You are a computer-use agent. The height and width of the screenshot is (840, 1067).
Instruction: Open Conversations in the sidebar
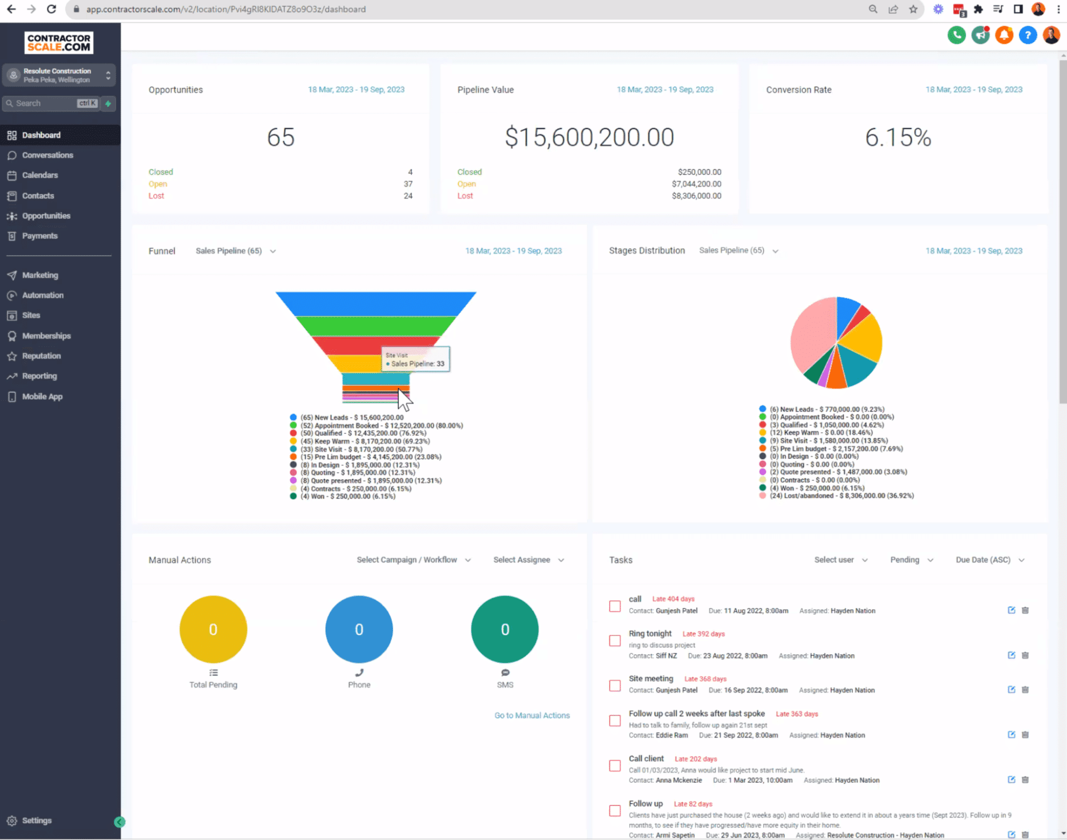pos(48,155)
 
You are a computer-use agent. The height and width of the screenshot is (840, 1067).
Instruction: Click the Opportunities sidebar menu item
pos(46,216)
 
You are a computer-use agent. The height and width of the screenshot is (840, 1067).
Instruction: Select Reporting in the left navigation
pos(39,376)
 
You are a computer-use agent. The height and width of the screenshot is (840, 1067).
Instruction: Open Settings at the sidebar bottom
pos(36,820)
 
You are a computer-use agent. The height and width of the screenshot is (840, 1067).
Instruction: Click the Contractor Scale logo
pos(59,43)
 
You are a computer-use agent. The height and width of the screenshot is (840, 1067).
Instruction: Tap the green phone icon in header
pos(957,35)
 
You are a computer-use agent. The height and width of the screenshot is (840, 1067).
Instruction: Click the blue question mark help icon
pos(1028,35)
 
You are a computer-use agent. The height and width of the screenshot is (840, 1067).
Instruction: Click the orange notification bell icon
pos(1004,35)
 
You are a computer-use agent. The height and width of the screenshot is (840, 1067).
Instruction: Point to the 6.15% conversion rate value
pos(898,138)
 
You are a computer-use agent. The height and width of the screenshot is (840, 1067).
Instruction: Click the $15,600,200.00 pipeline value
pos(589,138)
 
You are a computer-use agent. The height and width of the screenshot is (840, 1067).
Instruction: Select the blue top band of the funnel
pos(375,303)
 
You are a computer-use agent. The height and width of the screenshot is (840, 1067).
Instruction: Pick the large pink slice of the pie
pos(811,336)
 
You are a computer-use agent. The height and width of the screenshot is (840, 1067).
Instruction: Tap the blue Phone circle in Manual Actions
pos(359,629)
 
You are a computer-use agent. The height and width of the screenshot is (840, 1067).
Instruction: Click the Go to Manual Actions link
pos(532,715)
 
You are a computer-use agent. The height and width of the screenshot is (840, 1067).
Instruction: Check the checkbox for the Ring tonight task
pos(615,640)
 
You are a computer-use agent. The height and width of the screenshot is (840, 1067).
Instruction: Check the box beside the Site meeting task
pos(615,685)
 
